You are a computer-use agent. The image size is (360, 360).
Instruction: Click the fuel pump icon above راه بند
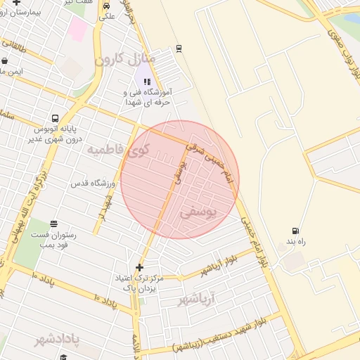pos(295,231)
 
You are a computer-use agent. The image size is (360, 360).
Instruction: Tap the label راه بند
pos(295,243)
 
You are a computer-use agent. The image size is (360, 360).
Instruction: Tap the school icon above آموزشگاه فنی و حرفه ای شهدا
pos(147,82)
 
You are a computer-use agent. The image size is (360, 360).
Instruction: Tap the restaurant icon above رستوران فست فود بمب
pos(55,223)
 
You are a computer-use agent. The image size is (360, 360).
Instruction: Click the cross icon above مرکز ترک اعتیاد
pos(139,267)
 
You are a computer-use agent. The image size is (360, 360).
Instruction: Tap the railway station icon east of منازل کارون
pos(179,48)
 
